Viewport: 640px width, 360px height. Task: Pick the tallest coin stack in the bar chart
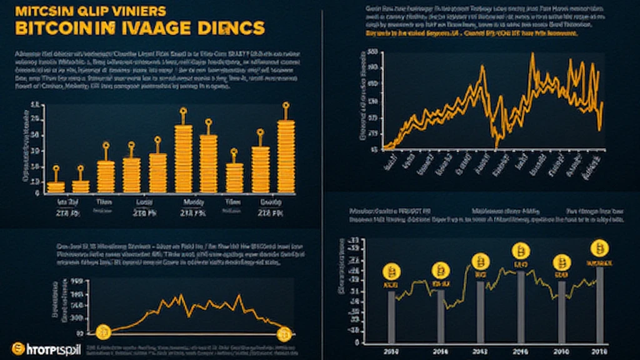click(286, 156)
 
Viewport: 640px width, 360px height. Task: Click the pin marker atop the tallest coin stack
click(286, 107)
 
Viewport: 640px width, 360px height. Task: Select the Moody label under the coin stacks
click(190, 202)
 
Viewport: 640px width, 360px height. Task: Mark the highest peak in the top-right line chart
click(532, 55)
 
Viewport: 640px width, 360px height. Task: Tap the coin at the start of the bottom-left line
click(103, 330)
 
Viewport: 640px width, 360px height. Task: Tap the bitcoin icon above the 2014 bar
click(441, 270)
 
